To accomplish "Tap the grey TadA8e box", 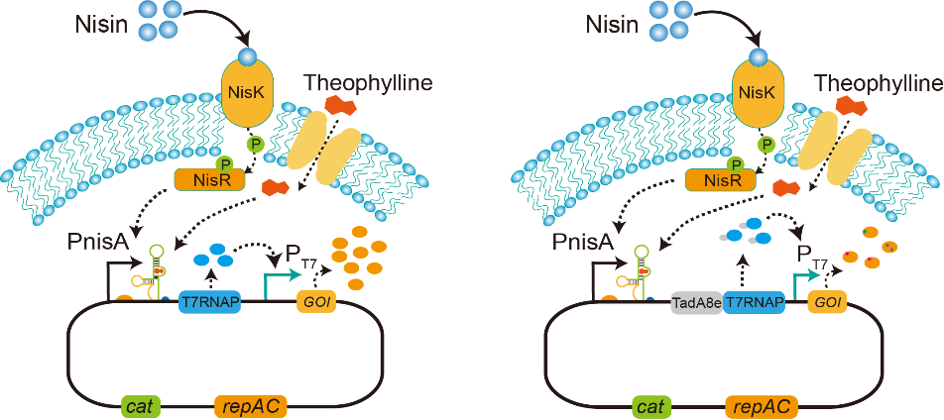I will click(695, 303).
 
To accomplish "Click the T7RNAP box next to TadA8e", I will click(754, 303).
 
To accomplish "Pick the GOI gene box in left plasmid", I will click(316, 303).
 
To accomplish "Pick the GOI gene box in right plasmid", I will click(829, 303).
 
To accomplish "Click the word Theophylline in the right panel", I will click(877, 83).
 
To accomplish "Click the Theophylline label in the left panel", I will click(368, 83).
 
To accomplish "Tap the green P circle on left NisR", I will click(224, 161).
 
